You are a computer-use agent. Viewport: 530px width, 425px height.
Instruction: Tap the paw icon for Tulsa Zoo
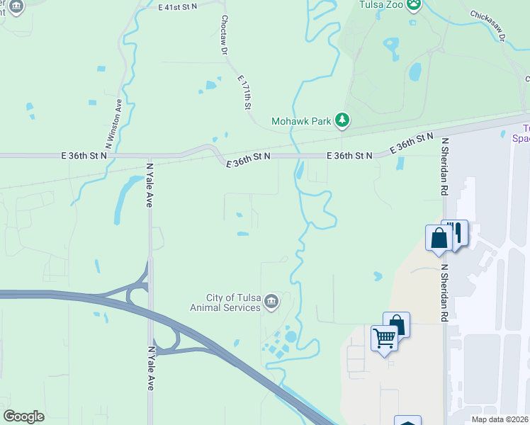click(x=415, y=5)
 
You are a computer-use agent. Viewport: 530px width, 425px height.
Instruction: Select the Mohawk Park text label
click(x=302, y=121)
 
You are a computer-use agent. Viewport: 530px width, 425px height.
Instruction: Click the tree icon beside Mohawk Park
click(x=342, y=120)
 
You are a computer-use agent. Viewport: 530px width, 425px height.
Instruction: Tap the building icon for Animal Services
click(x=271, y=303)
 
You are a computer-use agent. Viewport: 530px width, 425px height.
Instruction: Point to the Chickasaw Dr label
click(x=486, y=25)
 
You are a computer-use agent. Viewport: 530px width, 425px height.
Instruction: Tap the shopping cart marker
click(x=384, y=339)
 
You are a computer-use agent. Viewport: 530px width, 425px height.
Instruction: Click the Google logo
click(x=23, y=416)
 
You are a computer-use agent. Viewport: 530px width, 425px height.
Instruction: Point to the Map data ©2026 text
click(x=499, y=419)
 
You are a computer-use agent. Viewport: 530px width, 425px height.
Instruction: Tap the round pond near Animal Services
click(x=291, y=336)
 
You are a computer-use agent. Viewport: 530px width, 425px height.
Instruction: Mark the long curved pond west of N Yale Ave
click(x=125, y=195)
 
